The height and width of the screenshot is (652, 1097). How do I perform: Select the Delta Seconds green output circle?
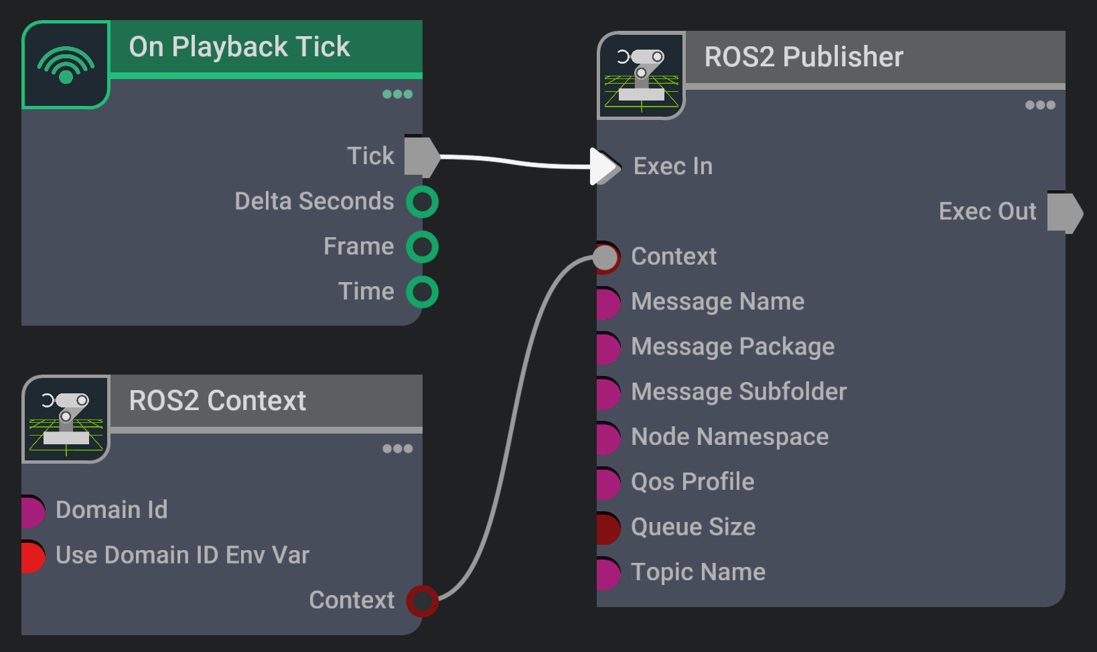422,202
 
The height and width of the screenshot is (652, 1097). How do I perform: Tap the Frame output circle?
422,247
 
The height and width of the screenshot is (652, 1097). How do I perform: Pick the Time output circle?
422,292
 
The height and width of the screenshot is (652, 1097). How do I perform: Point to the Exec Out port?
1064,212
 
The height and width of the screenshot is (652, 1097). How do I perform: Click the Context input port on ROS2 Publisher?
606,257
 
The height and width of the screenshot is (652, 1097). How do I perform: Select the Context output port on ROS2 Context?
422,600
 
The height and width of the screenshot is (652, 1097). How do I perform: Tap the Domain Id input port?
32,511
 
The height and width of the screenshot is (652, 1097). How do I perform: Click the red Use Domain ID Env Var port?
32,556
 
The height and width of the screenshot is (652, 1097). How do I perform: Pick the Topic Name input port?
607,573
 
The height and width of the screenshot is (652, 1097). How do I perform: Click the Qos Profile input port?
607,482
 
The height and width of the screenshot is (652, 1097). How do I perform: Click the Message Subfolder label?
739,392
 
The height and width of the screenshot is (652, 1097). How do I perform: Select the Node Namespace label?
729,437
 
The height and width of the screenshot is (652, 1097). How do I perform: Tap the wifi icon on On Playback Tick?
66,64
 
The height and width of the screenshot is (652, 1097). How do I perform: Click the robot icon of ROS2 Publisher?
641,76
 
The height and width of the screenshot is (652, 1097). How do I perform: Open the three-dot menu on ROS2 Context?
397,448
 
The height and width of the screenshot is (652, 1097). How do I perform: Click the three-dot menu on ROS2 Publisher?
1040,105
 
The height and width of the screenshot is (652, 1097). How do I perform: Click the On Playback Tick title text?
239,47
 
